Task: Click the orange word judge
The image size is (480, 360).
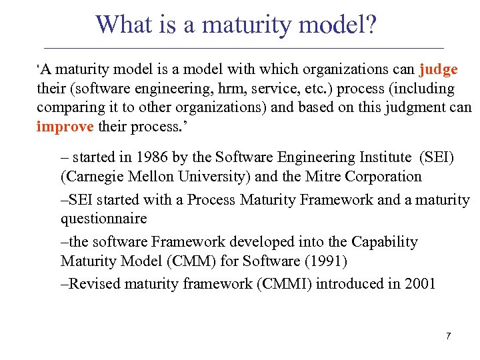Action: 439,70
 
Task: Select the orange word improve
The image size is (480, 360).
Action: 65,127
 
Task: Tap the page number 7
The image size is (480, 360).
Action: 449,336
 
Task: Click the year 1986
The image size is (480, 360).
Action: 149,157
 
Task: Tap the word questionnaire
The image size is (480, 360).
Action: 103,219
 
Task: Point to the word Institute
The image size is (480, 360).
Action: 383,157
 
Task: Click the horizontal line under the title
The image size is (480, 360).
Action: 243,48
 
